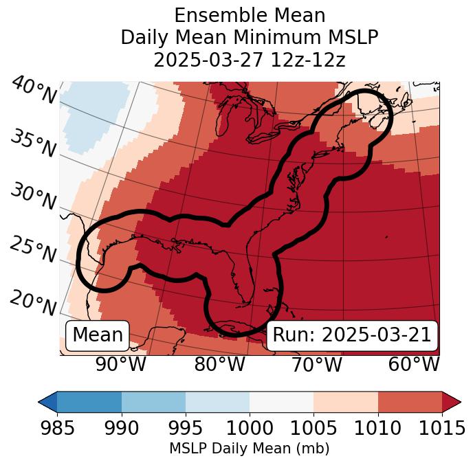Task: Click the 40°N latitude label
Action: pyautogui.click(x=33, y=91)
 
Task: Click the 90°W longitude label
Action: pyautogui.click(x=121, y=364)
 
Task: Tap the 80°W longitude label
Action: pyautogui.click(x=219, y=364)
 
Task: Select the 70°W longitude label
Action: pyautogui.click(x=316, y=364)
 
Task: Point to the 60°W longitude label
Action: pyautogui.click(x=413, y=364)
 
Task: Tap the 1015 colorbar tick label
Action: pyautogui.click(x=442, y=429)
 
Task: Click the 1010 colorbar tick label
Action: pyautogui.click(x=378, y=429)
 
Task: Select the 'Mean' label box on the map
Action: pyautogui.click(x=98, y=335)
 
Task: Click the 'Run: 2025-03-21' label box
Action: pyautogui.click(x=352, y=335)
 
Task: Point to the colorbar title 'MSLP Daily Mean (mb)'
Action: pyautogui.click(x=249, y=449)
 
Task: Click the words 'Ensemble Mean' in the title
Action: pyautogui.click(x=250, y=16)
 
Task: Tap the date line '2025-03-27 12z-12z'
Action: pyautogui.click(x=250, y=60)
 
